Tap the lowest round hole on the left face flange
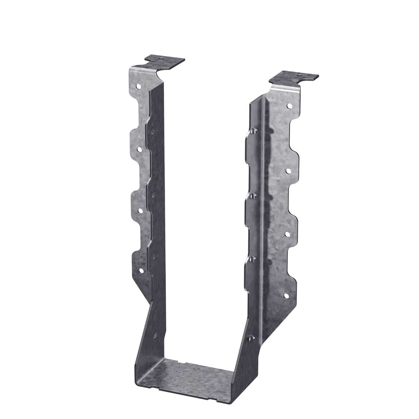(x=141, y=271)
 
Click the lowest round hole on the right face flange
(x=286, y=296)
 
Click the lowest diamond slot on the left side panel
(x=155, y=335)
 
